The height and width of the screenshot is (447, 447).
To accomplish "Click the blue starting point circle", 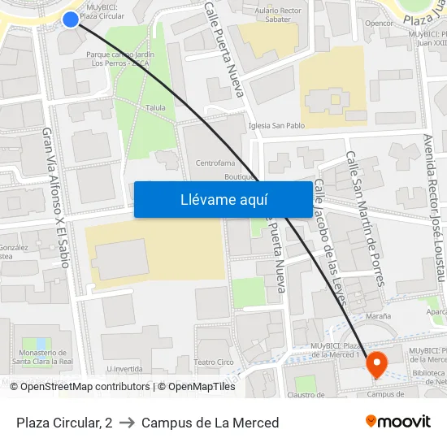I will coord(71,19).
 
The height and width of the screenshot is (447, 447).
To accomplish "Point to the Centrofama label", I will coord(215,163).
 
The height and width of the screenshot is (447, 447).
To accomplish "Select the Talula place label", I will coord(155,107).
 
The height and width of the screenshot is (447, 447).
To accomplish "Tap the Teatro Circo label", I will coord(214,362).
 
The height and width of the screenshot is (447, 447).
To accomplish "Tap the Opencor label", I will coord(379,24).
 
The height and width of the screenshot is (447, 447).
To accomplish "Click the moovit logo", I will coord(397,422).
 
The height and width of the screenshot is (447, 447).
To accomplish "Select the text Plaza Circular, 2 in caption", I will coord(64,423).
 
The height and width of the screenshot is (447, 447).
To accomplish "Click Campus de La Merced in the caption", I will coord(210,423).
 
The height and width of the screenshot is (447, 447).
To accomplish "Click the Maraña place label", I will coord(378,315).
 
